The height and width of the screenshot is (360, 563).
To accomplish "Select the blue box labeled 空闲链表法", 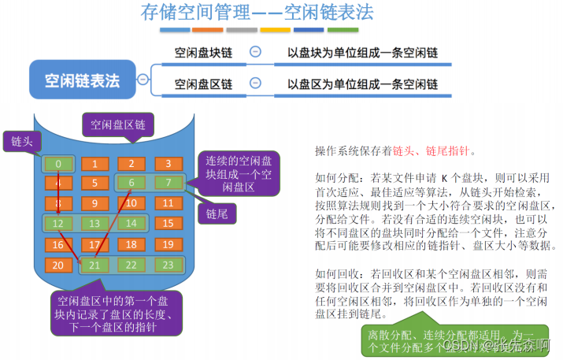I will pyautogui.click(x=82, y=80).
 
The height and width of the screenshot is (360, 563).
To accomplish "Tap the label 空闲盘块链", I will pyautogui.click(x=202, y=53).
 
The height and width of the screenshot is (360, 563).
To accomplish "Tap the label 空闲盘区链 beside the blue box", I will pyautogui.click(x=202, y=84).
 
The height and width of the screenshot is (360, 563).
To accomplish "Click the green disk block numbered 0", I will pyautogui.click(x=58, y=164).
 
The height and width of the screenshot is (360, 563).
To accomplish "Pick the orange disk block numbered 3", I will pyautogui.click(x=167, y=164).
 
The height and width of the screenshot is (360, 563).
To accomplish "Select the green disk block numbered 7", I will pyautogui.click(x=167, y=184).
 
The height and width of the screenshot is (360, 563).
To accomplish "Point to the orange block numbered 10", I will pyautogui.click(x=131, y=203).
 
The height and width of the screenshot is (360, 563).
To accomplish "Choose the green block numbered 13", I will pyautogui.click(x=94, y=223).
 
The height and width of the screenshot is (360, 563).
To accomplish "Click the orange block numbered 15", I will pyautogui.click(x=167, y=223).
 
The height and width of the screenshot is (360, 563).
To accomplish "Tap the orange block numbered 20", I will pyautogui.click(x=58, y=265).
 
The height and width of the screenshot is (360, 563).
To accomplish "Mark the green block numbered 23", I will pyautogui.click(x=167, y=265).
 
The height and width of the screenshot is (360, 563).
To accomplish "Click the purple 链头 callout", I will pyautogui.click(x=21, y=142).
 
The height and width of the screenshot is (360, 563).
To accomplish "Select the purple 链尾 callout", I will pyautogui.click(x=217, y=213).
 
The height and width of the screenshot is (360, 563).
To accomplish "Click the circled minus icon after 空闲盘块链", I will pyautogui.click(x=254, y=52).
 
